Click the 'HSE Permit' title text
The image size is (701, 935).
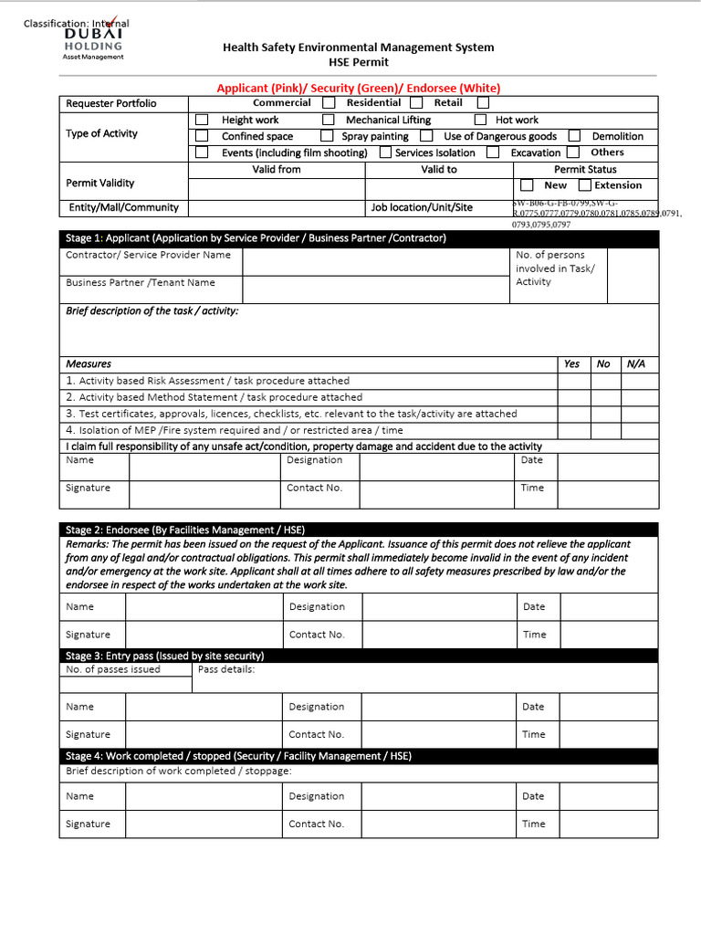click(359, 62)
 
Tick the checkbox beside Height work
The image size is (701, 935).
click(202, 120)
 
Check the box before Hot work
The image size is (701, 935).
click(480, 120)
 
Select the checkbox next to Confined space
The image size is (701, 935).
click(202, 136)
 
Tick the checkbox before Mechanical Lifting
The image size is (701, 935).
click(328, 120)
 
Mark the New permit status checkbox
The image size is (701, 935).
click(527, 185)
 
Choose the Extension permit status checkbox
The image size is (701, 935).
click(585, 185)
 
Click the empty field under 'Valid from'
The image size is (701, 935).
click(277, 189)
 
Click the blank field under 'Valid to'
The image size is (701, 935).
click(439, 189)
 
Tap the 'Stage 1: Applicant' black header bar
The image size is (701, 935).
click(359, 238)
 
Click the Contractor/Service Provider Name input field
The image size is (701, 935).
click(375, 260)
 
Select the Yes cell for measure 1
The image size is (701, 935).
click(573, 381)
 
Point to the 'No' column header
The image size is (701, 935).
click(603, 363)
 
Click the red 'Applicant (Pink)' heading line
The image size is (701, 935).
click(359, 88)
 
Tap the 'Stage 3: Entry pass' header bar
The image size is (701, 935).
click(359, 656)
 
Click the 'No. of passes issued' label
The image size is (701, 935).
click(113, 669)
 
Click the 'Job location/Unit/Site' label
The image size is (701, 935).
click(422, 207)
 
